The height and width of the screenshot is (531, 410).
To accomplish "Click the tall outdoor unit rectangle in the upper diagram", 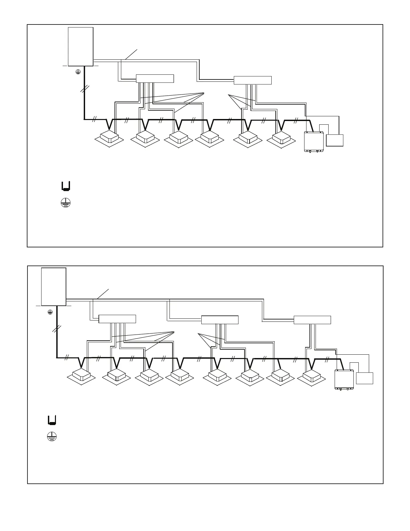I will [80, 47].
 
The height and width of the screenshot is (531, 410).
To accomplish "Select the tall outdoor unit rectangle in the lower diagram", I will [53, 287].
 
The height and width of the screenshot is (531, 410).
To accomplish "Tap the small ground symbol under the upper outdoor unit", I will [78, 71].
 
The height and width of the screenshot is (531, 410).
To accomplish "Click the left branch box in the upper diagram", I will [155, 78].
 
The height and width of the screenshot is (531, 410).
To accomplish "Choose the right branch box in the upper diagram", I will [252, 80].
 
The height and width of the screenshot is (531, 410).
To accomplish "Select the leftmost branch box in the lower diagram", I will [117, 319].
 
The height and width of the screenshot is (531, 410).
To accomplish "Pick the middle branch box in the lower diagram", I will [220, 320].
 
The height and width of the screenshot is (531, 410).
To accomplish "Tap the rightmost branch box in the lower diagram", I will [312, 320].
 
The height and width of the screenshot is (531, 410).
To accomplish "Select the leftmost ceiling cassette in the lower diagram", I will [81, 375].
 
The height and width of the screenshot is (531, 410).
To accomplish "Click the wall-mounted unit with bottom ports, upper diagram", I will [314, 142].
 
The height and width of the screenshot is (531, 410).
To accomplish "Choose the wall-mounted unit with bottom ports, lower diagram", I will [344, 380].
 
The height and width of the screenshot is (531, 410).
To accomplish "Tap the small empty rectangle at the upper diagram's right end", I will [335, 140].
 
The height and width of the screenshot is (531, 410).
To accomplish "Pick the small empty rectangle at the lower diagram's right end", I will [364, 378].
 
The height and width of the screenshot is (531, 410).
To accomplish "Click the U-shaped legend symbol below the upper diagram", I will [66, 186].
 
